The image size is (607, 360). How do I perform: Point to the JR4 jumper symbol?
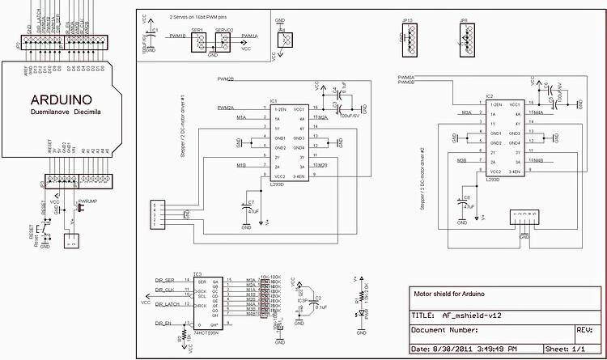coord(282,38)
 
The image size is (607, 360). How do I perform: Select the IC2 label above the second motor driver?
coord(489,96)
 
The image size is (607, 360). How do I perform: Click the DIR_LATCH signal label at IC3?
coord(167,304)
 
